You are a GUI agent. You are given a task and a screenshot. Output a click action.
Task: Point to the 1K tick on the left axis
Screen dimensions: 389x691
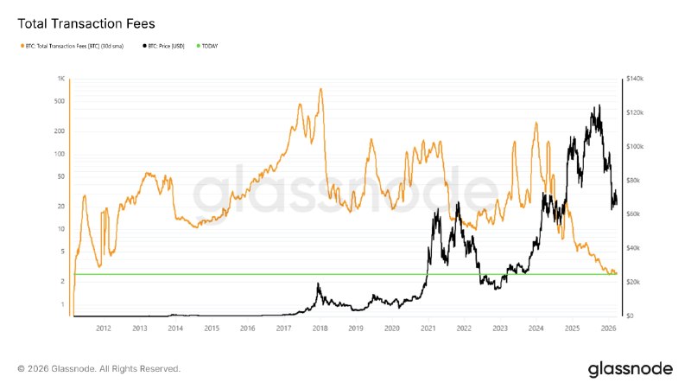61,79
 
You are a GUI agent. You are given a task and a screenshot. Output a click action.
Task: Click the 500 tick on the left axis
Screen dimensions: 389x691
60,100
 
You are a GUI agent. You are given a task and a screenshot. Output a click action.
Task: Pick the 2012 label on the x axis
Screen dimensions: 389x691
104,328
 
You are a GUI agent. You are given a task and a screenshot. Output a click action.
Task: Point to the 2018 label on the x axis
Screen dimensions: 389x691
320,328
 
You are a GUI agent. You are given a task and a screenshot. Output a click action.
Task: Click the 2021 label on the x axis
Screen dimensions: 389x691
428,328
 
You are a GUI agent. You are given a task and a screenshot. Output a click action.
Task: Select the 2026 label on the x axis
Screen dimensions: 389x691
608,328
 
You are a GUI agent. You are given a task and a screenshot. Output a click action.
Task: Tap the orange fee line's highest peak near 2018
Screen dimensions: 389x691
321,89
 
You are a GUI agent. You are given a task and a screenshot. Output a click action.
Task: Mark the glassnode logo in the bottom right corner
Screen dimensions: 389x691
630,369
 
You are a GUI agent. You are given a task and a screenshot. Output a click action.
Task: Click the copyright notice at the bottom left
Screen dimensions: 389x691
98,369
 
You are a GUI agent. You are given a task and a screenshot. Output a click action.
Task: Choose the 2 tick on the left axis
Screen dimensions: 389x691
62,282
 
